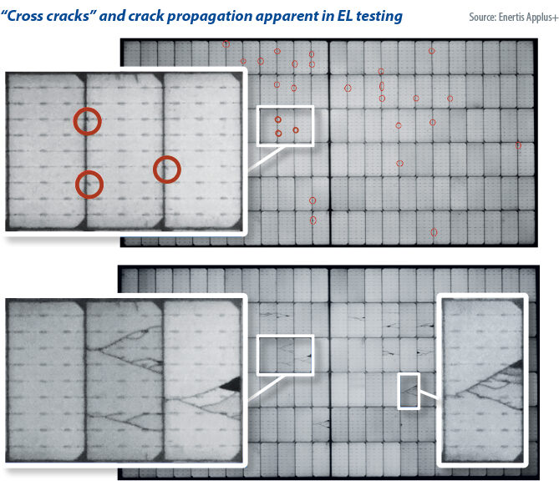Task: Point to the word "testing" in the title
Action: (x=376, y=17)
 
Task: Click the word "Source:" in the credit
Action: (x=482, y=17)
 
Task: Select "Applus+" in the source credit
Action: (x=542, y=18)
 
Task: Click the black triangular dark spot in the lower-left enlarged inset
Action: (x=231, y=384)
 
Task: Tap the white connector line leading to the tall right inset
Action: (x=429, y=394)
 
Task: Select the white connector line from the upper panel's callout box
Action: (x=265, y=159)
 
